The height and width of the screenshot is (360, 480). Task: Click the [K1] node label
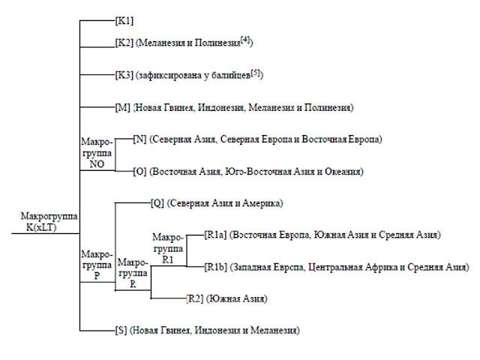[x=124, y=21]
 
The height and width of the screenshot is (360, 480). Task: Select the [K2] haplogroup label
[x=124, y=43]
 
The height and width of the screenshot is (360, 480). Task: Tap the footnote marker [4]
[x=245, y=40]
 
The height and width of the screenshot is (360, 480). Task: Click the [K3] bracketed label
[x=124, y=75]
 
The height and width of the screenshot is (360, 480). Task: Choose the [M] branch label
[x=123, y=107]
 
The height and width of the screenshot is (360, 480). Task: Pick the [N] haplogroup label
[x=140, y=139]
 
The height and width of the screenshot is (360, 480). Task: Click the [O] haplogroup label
[x=140, y=171]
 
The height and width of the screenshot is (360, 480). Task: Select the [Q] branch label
[x=157, y=203]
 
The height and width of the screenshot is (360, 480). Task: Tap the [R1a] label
[x=215, y=235]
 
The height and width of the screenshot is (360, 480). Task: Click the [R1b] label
[x=216, y=267]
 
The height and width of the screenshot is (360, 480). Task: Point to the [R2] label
[x=195, y=298]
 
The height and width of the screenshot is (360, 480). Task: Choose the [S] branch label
[x=121, y=330]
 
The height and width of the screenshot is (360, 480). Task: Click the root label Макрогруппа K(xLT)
[x=49, y=222]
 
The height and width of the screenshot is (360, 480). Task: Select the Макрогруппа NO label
[x=97, y=153]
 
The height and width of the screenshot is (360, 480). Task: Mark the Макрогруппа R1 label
[x=168, y=248]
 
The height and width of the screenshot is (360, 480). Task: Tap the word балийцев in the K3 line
[x=232, y=75]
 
